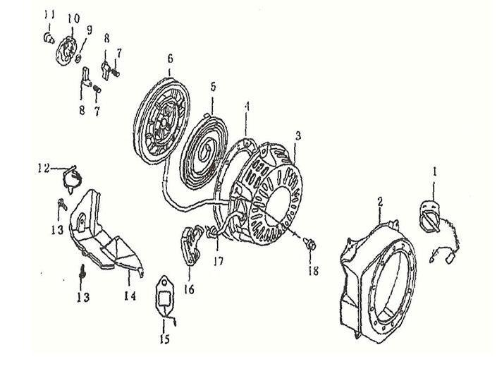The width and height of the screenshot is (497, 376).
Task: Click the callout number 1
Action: pyautogui.click(x=434, y=172)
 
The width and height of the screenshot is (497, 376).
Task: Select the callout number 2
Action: pyautogui.click(x=381, y=202)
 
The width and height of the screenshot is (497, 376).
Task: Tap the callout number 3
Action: pyautogui.click(x=298, y=136)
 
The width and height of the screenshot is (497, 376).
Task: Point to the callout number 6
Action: pyautogui.click(x=170, y=59)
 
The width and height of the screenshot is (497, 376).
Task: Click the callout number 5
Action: pyautogui.click(x=213, y=86)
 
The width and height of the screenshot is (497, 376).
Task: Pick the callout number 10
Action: pyautogui.click(x=73, y=18)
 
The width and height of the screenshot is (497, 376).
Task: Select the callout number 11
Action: pyautogui.click(x=49, y=14)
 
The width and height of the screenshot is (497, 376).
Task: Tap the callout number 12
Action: pyautogui.click(x=44, y=168)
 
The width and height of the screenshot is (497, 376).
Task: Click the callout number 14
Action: pyautogui.click(x=130, y=296)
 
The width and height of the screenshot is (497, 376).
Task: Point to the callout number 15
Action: pyautogui.click(x=164, y=339)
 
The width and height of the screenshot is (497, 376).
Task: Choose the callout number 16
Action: pyautogui.click(x=189, y=289)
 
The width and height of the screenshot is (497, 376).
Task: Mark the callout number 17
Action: pyautogui.click(x=218, y=261)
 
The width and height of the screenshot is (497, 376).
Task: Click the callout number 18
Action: pyautogui.click(x=313, y=271)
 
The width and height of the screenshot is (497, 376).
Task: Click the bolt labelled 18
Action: pyautogui.click(x=310, y=245)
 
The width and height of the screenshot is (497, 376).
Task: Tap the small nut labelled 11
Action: pyautogui.click(x=49, y=38)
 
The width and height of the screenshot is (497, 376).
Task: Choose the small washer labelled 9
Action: pyautogui.click(x=79, y=58)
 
